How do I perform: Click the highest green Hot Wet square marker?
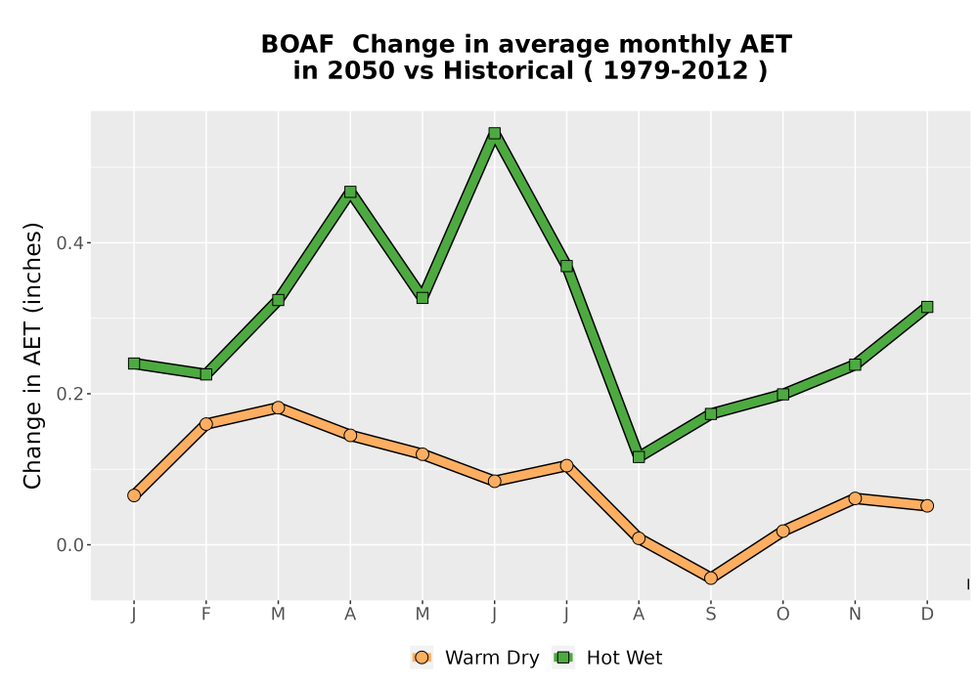pos(495,133)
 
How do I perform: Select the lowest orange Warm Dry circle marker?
pos(711,578)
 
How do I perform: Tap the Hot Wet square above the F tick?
pos(205,374)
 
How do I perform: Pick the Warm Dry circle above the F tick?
pos(205,424)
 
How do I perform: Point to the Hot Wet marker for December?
pos(927,307)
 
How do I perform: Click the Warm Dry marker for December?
pos(927,506)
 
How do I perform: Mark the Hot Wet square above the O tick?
pos(782,395)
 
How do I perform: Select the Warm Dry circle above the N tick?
pos(855,498)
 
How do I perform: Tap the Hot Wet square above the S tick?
pos(711,413)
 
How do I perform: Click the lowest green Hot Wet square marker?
pos(639,456)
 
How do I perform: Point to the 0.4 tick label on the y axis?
pos(69,243)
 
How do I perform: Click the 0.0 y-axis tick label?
pos(69,545)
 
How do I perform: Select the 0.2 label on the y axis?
pos(69,394)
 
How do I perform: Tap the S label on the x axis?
pos(711,615)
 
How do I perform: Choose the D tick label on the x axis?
pos(927,615)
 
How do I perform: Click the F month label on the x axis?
pos(205,615)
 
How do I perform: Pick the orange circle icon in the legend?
pos(422,658)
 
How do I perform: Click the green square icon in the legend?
pos(564,658)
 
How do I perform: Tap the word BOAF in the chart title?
pos(297,45)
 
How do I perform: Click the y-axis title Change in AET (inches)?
pos(32,356)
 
